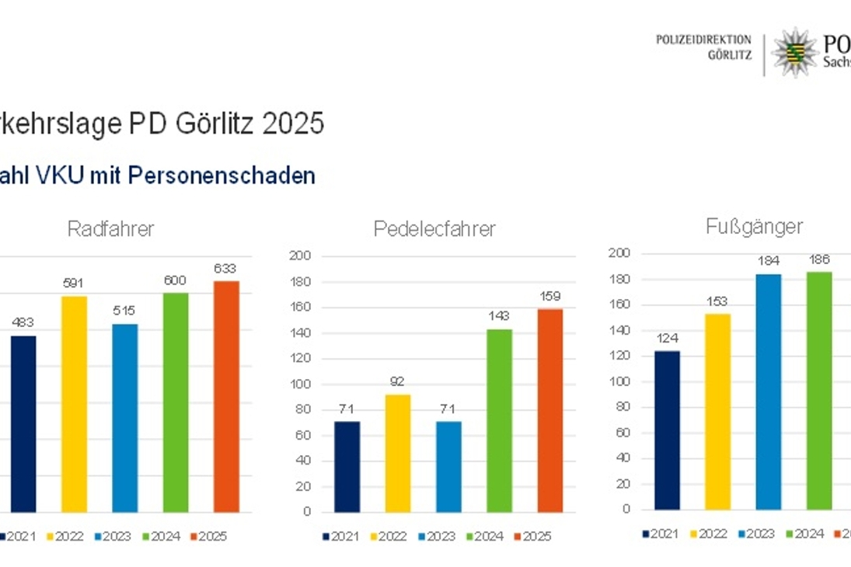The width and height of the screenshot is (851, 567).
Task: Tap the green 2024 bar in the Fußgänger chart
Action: [819, 391]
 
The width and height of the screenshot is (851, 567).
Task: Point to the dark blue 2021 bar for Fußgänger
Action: [667, 430]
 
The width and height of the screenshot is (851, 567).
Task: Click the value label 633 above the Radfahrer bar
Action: [226, 269]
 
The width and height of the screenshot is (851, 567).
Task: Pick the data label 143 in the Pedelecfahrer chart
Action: [500, 317]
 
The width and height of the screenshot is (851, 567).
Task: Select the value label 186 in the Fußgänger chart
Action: [819, 259]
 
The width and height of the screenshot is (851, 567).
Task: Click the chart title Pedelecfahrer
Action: [434, 229]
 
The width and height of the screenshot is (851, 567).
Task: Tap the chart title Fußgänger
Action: [754, 227]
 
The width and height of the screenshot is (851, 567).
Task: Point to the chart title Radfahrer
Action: [110, 228]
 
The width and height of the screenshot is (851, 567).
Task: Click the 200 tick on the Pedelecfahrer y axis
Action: [299, 256]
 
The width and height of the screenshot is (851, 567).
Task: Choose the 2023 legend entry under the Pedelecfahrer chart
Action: [436, 537]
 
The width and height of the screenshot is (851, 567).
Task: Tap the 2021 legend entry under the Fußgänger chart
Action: [661, 534]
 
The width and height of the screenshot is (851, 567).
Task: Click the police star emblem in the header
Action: [793, 53]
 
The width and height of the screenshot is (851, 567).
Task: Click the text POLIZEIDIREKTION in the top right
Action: [703, 40]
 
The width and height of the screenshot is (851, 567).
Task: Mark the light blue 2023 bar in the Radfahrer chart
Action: [124, 418]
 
